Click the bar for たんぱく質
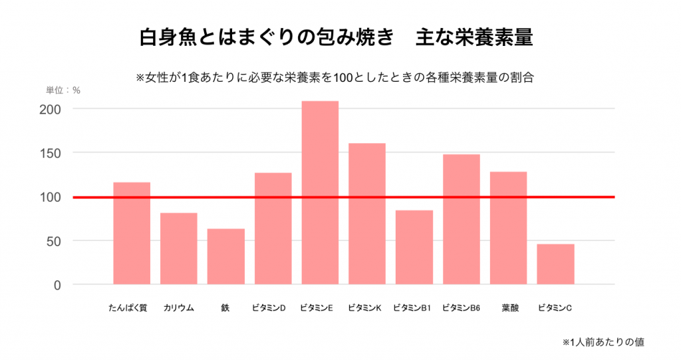(x=132, y=233)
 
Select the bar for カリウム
(x=179, y=248)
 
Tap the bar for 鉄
(x=225, y=256)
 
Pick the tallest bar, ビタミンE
(x=320, y=193)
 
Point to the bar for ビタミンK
(x=367, y=214)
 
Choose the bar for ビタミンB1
(x=414, y=247)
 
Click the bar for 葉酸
(x=508, y=228)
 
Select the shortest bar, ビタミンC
(x=555, y=264)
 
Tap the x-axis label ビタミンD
(x=273, y=308)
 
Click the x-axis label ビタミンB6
(x=462, y=308)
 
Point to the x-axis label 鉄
(x=225, y=308)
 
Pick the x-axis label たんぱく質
(x=132, y=308)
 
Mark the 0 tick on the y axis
(x=57, y=285)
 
